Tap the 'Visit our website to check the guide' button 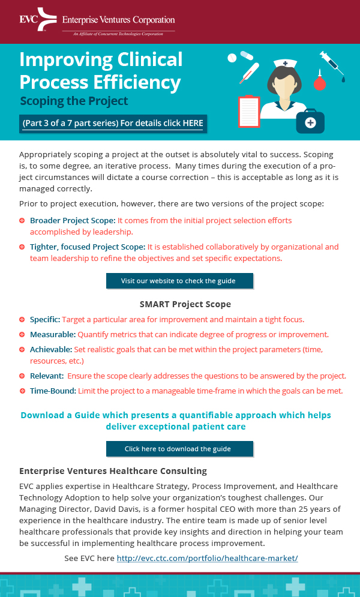pyautogui.click(x=179, y=281)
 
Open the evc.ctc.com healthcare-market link pyautogui.click(x=207, y=558)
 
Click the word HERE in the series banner pyautogui.click(x=193, y=123)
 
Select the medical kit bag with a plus pyautogui.click(x=310, y=121)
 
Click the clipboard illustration pyautogui.click(x=248, y=111)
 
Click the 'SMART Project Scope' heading pyautogui.click(x=185, y=304)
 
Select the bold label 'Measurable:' pyautogui.click(x=53, y=334)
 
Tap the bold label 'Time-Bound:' pyautogui.click(x=53, y=391)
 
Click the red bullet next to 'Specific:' pyautogui.click(x=22, y=320)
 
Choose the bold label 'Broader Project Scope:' pyautogui.click(x=73, y=221)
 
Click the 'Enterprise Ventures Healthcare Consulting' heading pyautogui.click(x=113, y=471)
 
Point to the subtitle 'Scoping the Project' pyautogui.click(x=74, y=101)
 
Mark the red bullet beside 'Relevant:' pyautogui.click(x=22, y=376)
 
